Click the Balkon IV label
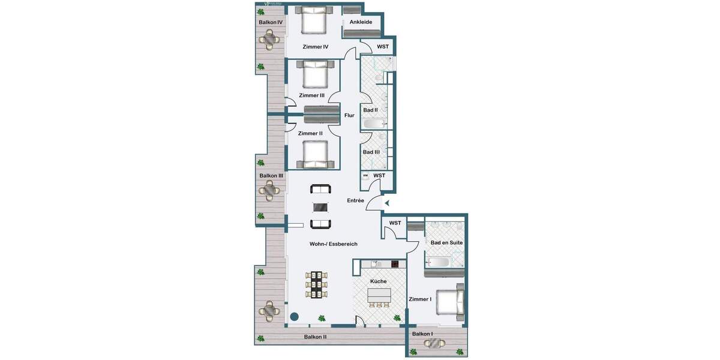[x=271, y=22]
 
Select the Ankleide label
[x=361, y=22]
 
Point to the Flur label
[x=349, y=115]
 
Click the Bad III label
[x=371, y=152]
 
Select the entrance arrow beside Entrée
[x=387, y=203]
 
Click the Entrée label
[x=355, y=200]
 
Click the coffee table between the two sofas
[x=320, y=207]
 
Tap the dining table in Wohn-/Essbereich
[x=317, y=285]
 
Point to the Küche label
[x=378, y=281]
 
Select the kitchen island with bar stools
[x=379, y=295]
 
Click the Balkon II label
[x=315, y=337]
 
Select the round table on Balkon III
[x=269, y=191]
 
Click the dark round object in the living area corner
[x=295, y=316]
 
